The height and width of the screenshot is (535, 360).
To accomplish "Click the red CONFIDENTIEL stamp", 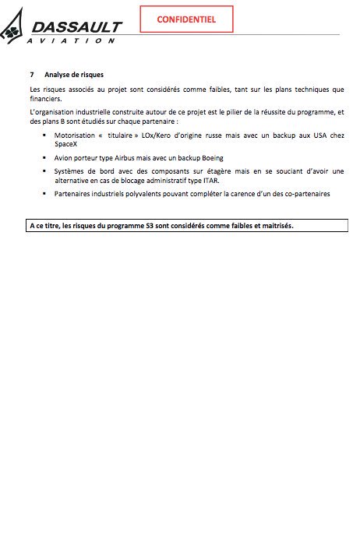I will (186, 19).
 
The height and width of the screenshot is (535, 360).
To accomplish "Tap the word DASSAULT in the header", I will (77, 27).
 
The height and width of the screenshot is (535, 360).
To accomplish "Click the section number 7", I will (31, 76).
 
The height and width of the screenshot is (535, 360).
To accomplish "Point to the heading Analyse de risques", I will (69, 76).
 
